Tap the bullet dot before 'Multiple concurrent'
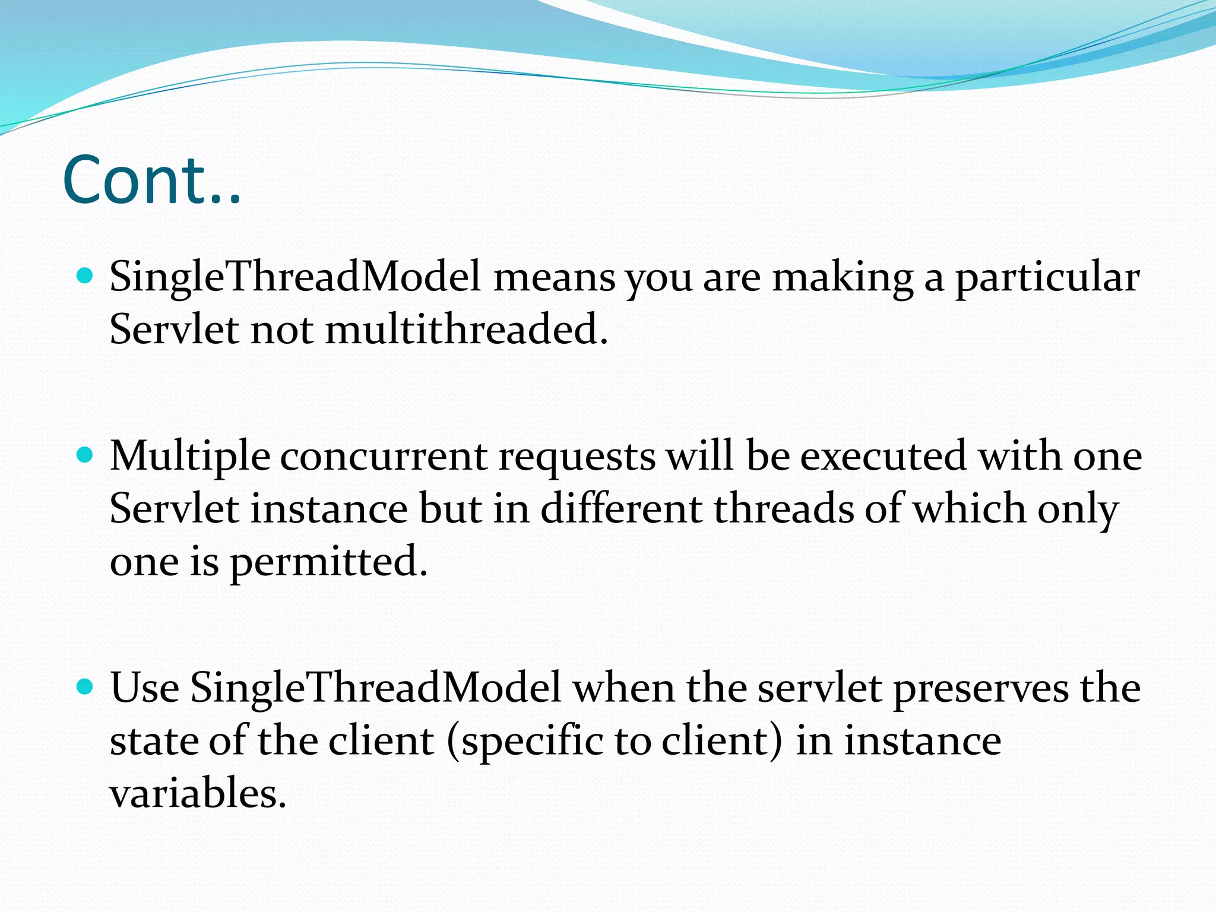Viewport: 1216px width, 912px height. point(86,455)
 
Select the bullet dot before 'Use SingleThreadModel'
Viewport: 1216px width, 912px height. point(86,687)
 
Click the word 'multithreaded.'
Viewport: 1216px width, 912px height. point(467,329)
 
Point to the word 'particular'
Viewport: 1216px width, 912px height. point(1047,278)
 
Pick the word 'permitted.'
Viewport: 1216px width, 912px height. point(328,562)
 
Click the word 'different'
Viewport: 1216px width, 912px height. point(621,509)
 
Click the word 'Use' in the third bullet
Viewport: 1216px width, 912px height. point(144,688)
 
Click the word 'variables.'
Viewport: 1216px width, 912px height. point(198,794)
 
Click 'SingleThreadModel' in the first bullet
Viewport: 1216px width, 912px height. point(294,278)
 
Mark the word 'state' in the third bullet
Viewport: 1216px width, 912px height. point(154,741)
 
